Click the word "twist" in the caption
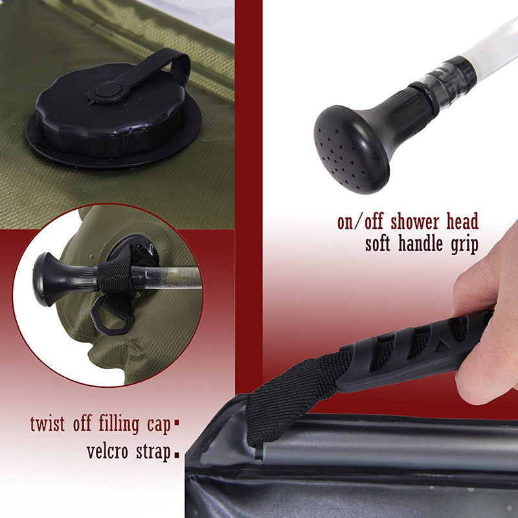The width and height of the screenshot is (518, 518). [47, 424]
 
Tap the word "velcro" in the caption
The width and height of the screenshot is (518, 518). [107, 451]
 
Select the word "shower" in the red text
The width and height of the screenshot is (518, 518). [414, 221]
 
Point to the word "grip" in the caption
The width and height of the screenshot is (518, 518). [465, 245]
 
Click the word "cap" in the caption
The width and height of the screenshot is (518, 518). [159, 425]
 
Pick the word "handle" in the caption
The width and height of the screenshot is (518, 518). [420, 244]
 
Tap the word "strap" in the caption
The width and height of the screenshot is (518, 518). [153, 452]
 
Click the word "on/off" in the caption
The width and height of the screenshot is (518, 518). [360, 222]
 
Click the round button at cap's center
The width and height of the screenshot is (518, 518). [108, 90]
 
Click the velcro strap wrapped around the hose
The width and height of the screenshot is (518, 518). [115, 276]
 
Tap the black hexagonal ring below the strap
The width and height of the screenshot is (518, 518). [112, 319]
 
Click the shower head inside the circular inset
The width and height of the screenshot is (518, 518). [63, 280]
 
